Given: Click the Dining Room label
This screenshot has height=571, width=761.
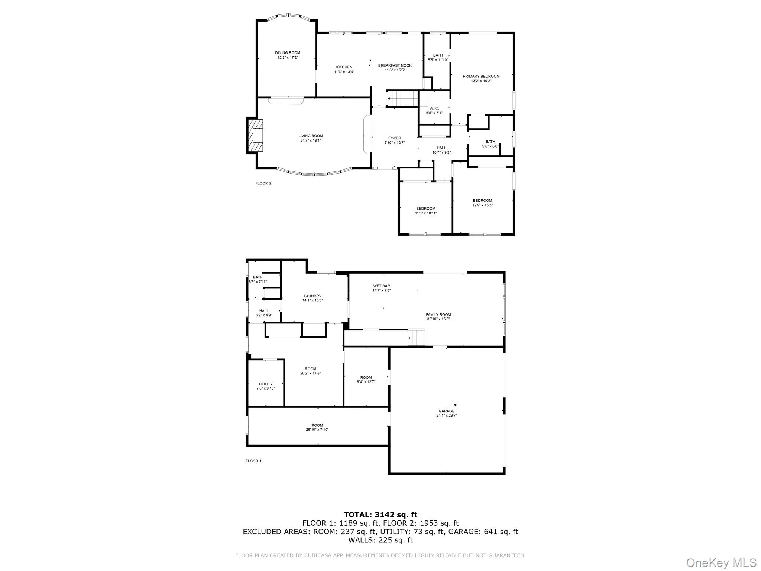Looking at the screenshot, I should pos(287,53).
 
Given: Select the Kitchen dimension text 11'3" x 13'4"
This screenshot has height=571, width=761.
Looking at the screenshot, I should pos(344,72).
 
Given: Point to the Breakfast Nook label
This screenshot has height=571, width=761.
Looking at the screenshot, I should pos(395,65).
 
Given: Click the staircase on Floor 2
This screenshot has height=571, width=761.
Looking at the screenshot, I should pos(403,99).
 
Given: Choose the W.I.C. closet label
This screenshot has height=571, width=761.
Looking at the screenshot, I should pos(434,108).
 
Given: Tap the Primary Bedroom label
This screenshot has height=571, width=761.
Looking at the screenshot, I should pos(481,76).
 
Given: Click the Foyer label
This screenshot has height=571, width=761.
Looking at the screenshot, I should pos(395,138).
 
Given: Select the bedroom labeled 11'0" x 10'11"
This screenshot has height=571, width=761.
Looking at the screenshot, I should pos(425,211).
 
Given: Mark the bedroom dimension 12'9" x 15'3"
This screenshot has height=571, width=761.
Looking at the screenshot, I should pos(482,205).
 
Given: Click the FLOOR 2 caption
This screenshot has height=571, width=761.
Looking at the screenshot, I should pos(263,183).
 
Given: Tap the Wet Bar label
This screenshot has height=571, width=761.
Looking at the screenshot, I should pos(381,286).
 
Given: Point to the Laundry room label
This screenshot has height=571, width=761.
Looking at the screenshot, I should pos(312,296).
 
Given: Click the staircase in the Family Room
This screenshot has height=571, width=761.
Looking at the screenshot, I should pos(416,338).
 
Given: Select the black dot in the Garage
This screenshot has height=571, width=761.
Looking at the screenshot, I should pos(455,405).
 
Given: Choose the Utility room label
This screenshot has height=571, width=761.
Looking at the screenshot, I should pos(265,384).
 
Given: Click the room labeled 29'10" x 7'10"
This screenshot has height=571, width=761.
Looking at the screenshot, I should pos(317,428).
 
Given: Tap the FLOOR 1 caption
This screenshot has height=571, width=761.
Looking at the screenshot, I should pos(253,461).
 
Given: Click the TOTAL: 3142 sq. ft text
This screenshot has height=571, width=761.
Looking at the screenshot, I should pos(380,515).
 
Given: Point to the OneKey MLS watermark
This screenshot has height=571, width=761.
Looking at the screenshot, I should pos(721,562).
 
